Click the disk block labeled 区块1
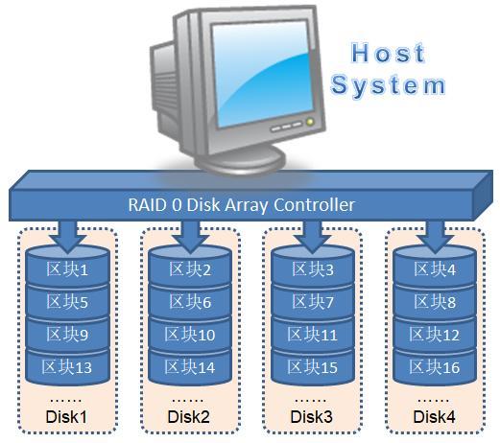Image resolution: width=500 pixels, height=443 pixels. pyautogui.click(x=67, y=270)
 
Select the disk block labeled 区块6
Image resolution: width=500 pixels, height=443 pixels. pyautogui.click(x=189, y=302)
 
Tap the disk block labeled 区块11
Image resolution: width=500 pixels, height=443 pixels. pyautogui.click(x=313, y=335)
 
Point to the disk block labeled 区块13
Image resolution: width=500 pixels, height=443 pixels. pyautogui.click(x=67, y=367)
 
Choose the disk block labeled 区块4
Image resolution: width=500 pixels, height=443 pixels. pyautogui.click(x=434, y=270)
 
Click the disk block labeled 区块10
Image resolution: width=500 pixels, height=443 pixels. pyautogui.click(x=189, y=335)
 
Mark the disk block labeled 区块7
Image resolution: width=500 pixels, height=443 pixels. pyautogui.click(x=313, y=302)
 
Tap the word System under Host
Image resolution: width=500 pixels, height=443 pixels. pyautogui.click(x=388, y=84)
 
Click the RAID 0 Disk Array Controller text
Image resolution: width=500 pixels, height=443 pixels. pyautogui.click(x=241, y=204)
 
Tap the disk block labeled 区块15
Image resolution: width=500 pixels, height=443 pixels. pyautogui.click(x=313, y=367)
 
